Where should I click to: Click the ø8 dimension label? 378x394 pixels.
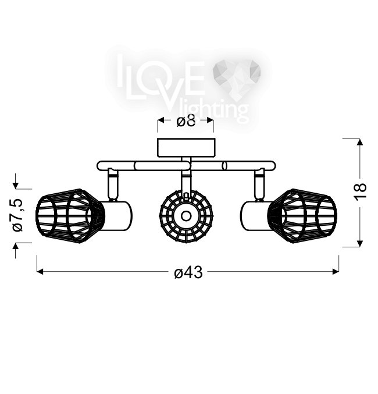(186, 122)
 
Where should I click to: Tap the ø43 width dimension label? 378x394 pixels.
(188, 272)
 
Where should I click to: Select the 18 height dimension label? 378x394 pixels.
(361, 192)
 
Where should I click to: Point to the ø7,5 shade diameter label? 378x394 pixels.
(17, 215)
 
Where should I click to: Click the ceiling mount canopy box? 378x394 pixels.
(186, 148)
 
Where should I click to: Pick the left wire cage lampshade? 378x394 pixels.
(70, 216)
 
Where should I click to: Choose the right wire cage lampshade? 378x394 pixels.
(304, 216)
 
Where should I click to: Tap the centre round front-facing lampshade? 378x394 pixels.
(186, 216)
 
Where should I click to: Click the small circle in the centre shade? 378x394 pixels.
(186, 216)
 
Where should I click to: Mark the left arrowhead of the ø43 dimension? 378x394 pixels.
(40, 272)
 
